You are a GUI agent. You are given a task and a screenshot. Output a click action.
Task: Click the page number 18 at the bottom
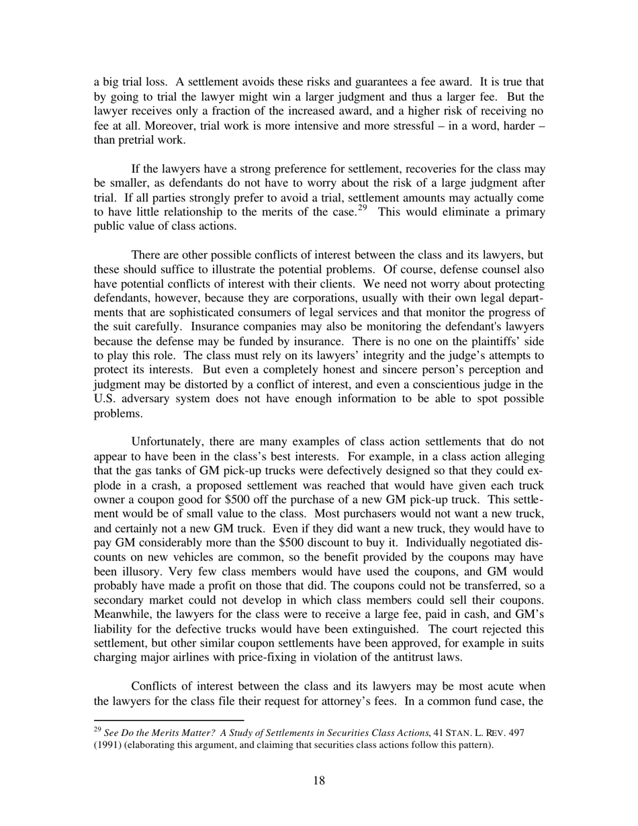point(319,780)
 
